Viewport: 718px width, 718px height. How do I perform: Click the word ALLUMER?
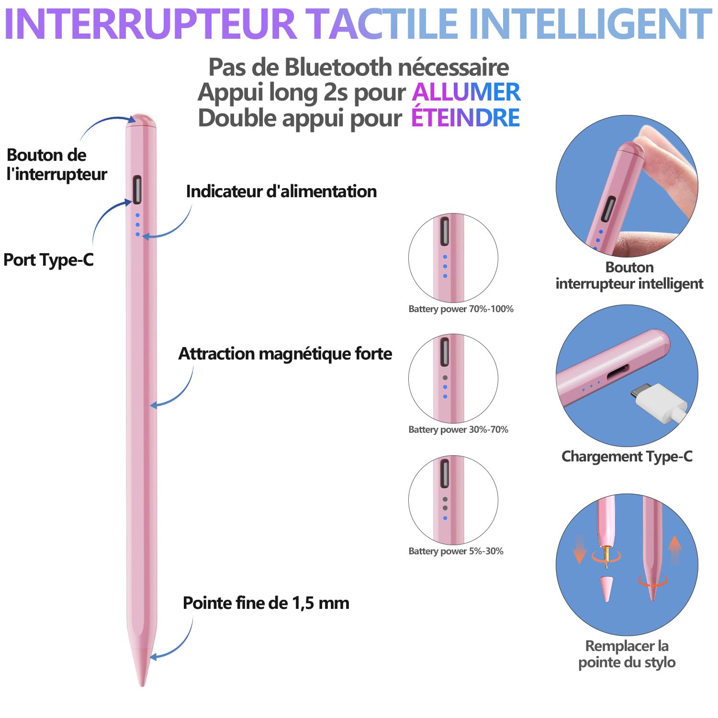click(466, 92)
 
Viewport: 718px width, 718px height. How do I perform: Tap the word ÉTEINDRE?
click(465, 117)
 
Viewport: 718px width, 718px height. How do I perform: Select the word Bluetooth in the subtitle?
click(338, 67)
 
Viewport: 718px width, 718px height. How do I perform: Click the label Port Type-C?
click(48, 260)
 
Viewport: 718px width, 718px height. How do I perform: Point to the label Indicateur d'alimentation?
click(281, 191)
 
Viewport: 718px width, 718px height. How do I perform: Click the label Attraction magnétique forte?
click(285, 354)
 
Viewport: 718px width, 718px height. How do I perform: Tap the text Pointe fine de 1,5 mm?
click(266, 603)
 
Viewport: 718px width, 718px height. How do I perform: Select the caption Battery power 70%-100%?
click(461, 309)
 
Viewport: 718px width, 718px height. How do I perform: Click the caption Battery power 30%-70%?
click(459, 430)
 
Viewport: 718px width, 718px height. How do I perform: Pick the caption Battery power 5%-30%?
click(456, 551)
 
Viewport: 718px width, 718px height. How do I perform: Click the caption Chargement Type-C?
click(627, 457)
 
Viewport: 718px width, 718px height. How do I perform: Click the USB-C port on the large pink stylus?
click(137, 189)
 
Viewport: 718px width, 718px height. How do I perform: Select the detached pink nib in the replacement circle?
click(607, 589)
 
